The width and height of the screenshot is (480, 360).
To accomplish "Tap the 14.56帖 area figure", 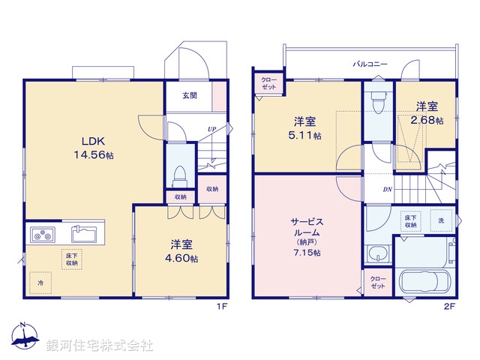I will click(94, 155).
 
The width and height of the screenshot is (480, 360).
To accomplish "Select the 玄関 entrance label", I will click(190, 95).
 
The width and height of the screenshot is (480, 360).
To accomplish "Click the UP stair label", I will click(211, 130).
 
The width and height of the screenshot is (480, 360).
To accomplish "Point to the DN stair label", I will click(388, 190).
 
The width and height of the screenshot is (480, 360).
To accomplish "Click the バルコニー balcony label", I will click(370, 64).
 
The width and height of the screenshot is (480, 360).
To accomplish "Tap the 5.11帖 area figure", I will click(307, 136).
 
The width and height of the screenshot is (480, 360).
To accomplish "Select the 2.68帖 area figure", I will click(427, 120).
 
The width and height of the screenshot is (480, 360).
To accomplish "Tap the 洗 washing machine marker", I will click(441, 220).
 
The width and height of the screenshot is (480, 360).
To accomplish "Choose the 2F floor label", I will click(450, 307).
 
